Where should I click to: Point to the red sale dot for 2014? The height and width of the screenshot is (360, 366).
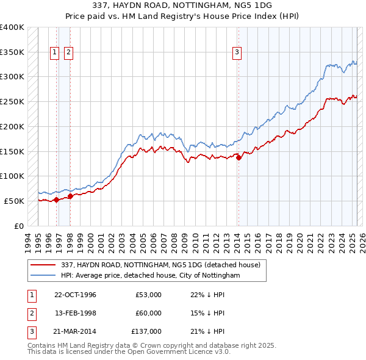239,157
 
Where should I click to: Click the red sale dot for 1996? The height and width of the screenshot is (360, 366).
57,199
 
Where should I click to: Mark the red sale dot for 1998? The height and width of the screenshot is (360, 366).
70,196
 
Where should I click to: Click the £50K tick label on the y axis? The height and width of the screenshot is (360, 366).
14,201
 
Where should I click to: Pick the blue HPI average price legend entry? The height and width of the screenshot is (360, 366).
150,276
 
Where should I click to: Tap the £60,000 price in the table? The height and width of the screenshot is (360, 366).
148,313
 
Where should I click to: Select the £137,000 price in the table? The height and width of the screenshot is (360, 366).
146,331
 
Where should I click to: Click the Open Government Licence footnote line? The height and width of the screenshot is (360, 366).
129,352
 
